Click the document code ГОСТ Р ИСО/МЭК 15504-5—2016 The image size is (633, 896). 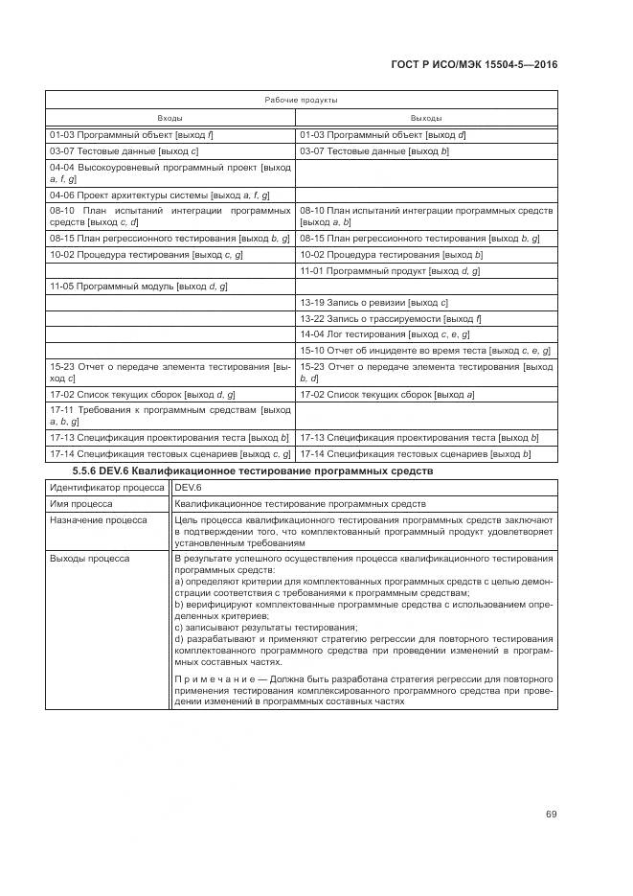pyautogui.click(x=475, y=64)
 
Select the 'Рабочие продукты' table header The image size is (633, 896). pyautogui.click(x=301, y=100)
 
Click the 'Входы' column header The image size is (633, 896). pyautogui.click(x=170, y=117)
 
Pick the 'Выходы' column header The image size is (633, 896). pyautogui.click(x=426, y=117)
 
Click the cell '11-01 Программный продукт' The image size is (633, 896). pyautogui.click(x=390, y=271)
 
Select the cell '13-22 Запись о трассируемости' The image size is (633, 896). pyautogui.click(x=391, y=318)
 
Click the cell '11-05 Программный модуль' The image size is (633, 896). pyautogui.click(x=138, y=287)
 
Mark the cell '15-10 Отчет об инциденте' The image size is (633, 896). pyautogui.click(x=425, y=350)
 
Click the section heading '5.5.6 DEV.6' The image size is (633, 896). pyautogui.click(x=253, y=471)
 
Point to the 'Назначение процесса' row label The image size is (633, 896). pyautogui.click(x=99, y=519)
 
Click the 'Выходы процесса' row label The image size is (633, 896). pyautogui.click(x=90, y=557)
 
